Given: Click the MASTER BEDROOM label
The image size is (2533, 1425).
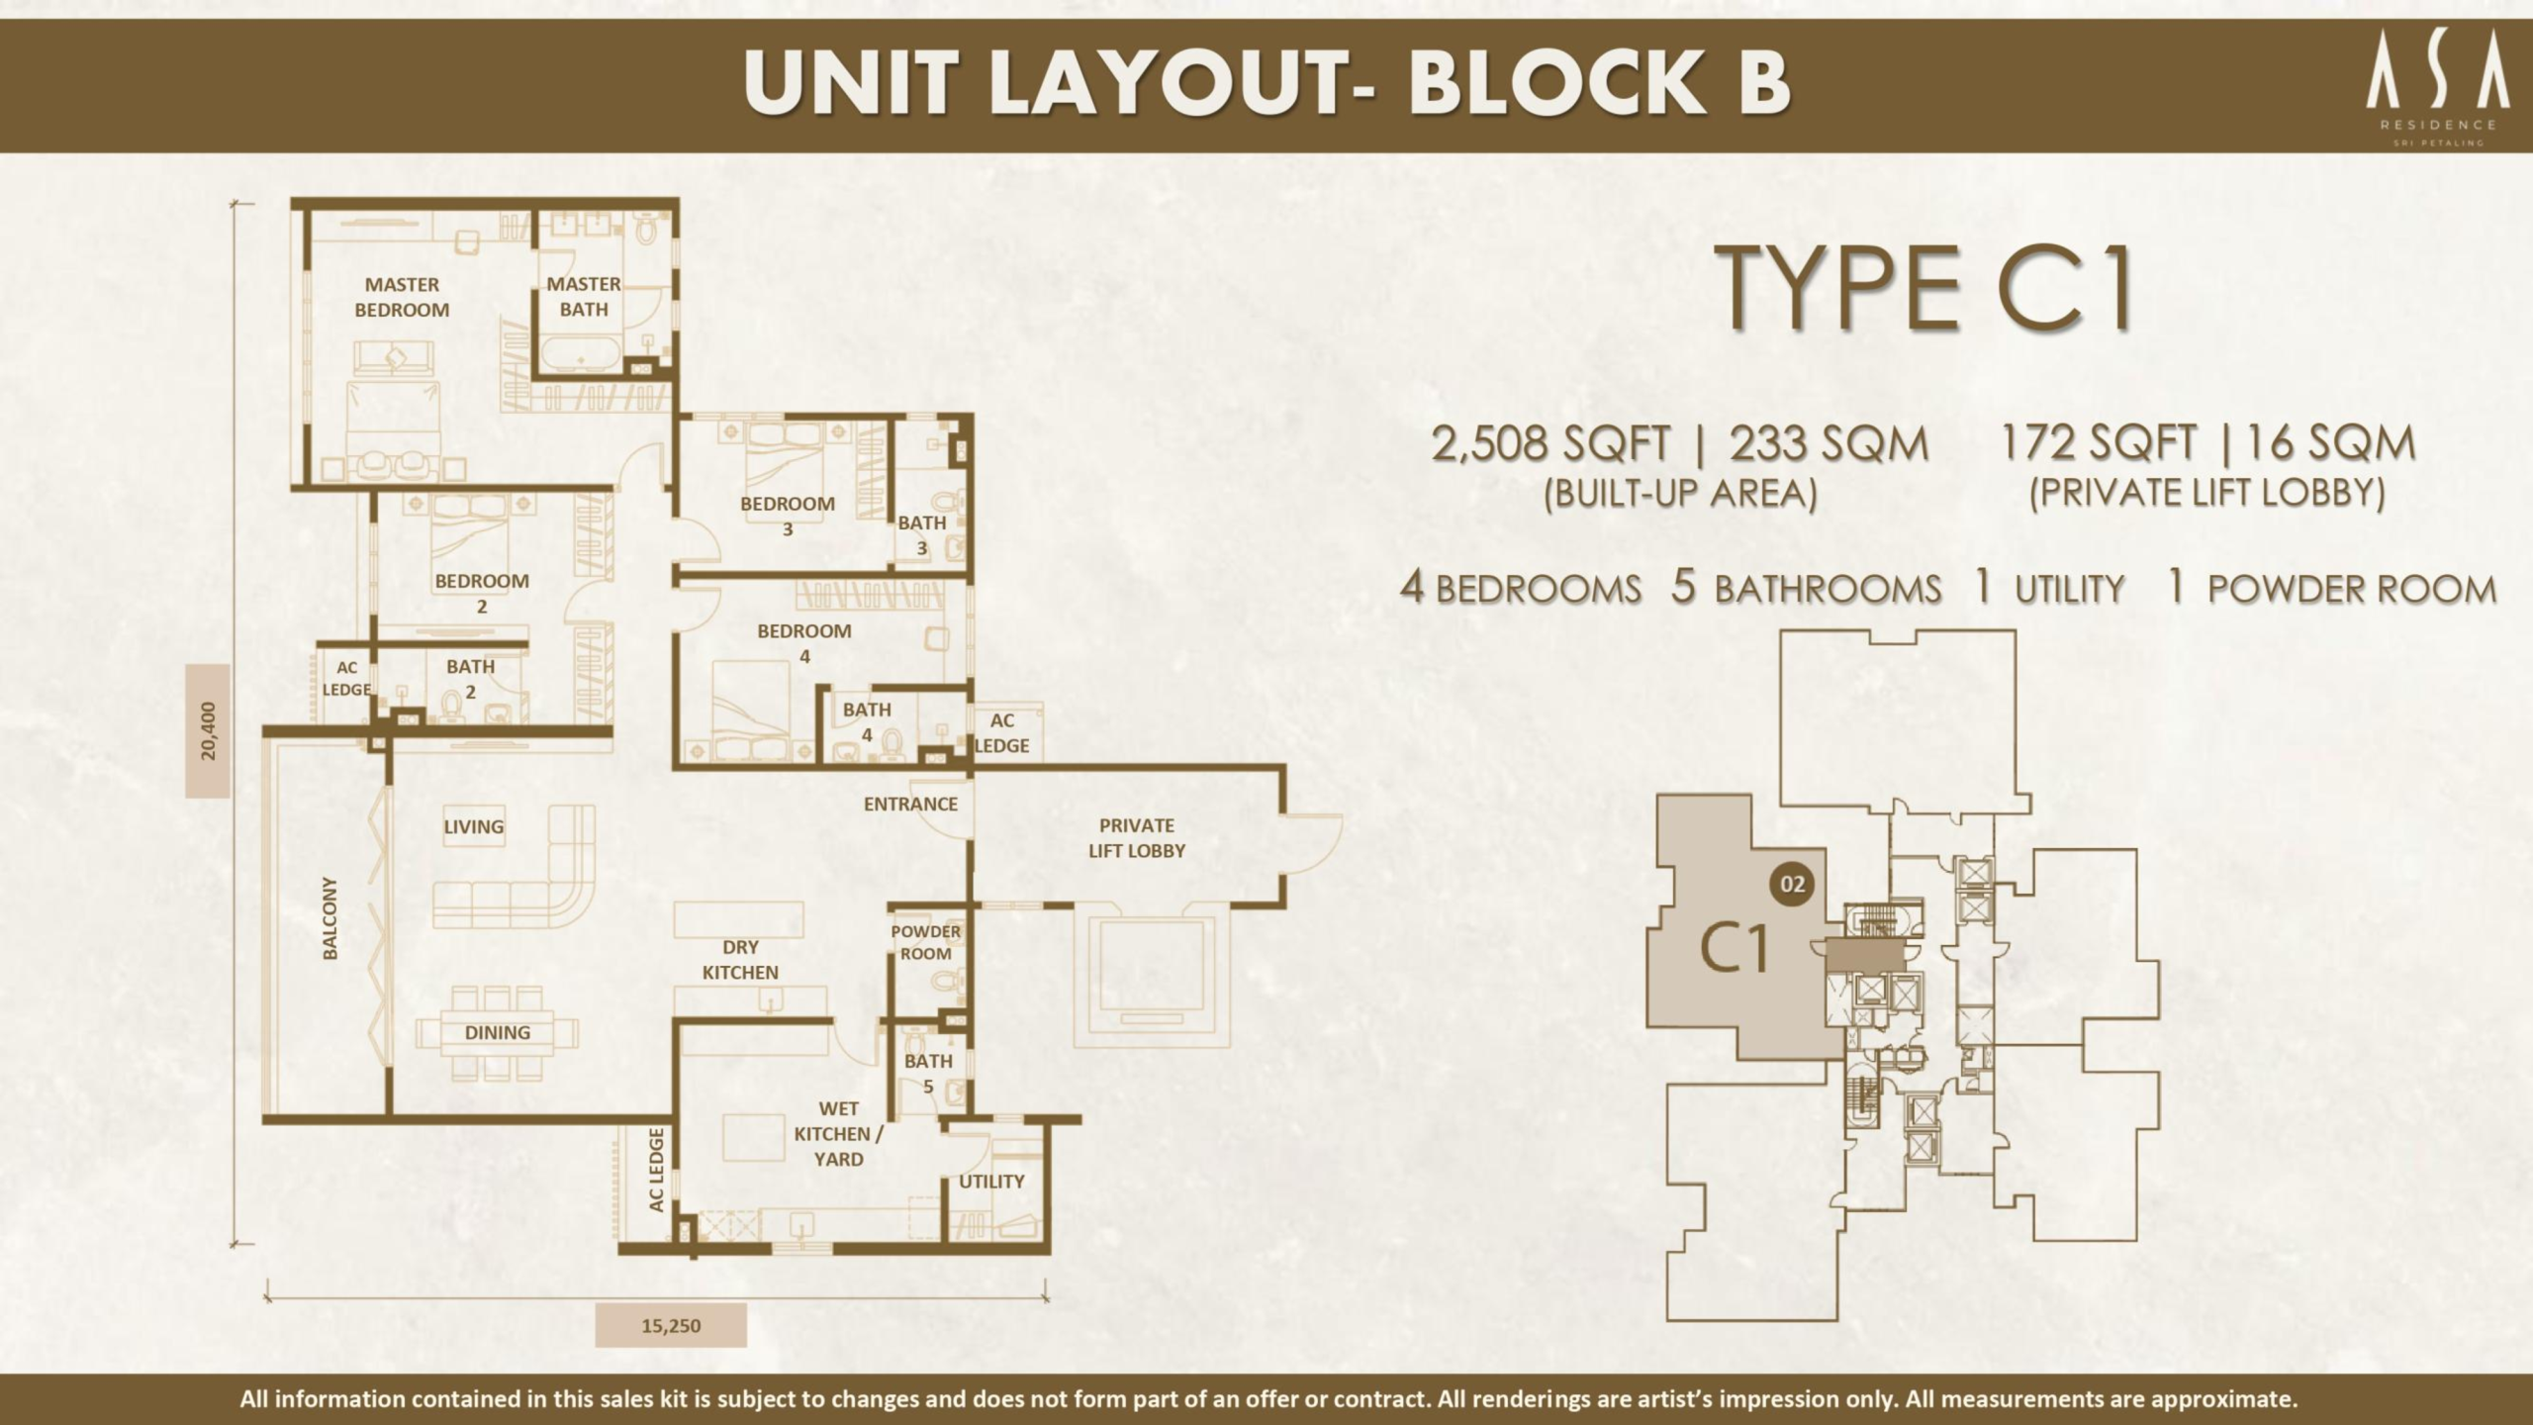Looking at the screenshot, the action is click(402, 297).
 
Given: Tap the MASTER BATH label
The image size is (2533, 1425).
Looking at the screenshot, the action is click(584, 297).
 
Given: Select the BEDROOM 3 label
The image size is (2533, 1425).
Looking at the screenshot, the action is click(788, 516).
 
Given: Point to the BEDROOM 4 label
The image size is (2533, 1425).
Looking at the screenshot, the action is click(804, 643).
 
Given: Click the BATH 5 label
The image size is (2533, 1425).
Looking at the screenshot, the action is click(928, 1074).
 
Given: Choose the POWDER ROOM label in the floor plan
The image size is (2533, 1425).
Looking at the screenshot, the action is click(925, 942).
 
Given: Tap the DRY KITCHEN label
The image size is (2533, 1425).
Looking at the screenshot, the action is click(740, 960).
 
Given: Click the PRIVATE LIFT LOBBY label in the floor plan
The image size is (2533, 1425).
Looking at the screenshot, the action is click(1137, 838).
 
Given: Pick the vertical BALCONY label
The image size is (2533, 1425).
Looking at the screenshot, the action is click(330, 917).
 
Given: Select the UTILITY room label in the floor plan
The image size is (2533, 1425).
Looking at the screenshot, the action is click(991, 1182).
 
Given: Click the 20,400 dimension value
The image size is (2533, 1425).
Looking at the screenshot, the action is click(208, 731).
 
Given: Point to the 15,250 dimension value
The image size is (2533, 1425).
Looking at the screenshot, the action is click(671, 1326).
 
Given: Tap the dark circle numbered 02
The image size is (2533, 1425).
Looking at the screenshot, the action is click(1793, 884).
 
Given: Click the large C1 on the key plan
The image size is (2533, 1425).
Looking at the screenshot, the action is click(1735, 948).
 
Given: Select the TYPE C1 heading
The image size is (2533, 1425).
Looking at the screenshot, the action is click(1924, 289).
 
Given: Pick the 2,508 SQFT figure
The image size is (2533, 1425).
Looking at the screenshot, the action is click(1550, 444).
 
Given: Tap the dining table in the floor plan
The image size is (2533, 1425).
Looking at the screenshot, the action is click(498, 1033).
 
